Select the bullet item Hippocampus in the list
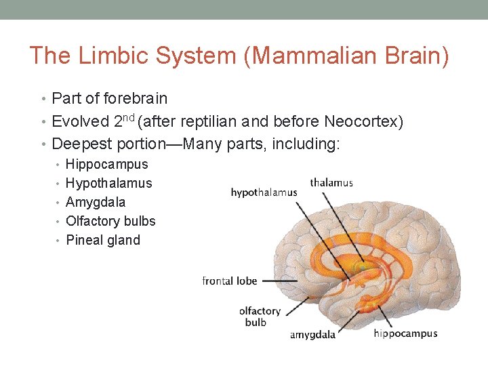106,164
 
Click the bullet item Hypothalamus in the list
108,183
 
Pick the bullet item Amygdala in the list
96,202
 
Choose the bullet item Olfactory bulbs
110,221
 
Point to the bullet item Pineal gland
103,240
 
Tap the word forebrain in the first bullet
136,98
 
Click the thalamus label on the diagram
331,182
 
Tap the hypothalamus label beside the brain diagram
264,192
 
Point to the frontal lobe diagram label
230,281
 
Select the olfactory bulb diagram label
260,317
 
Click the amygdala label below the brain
312,335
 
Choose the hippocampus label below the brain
405,333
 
